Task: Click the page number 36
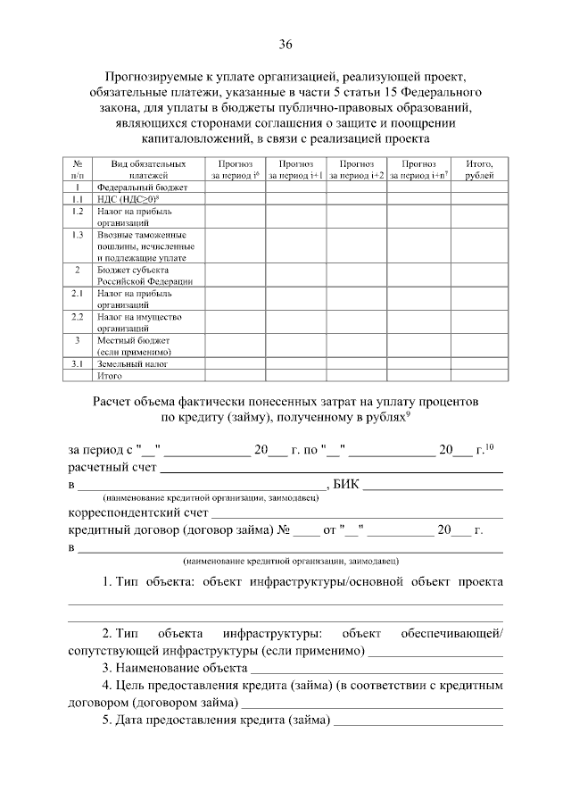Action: (x=285, y=45)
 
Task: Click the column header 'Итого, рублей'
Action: (x=479, y=170)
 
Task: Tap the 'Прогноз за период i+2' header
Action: (x=357, y=170)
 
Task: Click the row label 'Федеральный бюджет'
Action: (x=130, y=188)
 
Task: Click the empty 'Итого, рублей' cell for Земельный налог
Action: (x=479, y=364)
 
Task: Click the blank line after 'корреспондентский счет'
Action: (x=357, y=513)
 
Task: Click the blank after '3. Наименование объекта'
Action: (x=377, y=668)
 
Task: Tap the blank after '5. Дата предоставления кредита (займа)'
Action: (x=418, y=721)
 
